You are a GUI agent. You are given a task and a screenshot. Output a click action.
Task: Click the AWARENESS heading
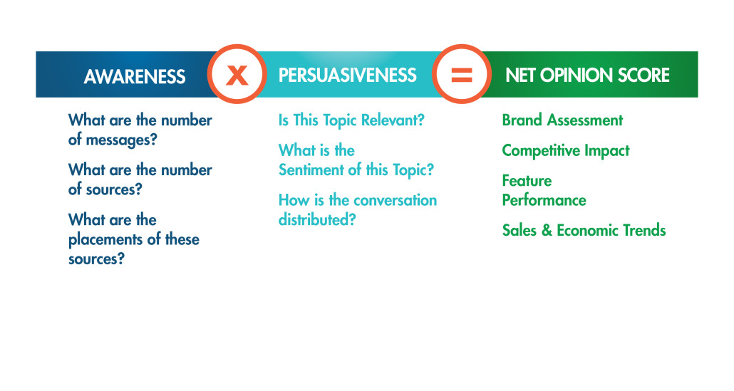tap(135, 77)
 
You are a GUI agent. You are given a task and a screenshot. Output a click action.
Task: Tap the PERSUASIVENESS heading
tap(347, 75)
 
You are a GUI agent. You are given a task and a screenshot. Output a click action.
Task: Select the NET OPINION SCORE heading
tap(587, 75)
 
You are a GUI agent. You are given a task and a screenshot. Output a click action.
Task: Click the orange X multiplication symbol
tap(237, 75)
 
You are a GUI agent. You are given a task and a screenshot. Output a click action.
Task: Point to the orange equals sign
tap(462, 75)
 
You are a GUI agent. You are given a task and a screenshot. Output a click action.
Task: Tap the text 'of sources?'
tap(105, 189)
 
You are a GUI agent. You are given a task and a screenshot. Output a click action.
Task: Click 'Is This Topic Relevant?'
tap(351, 120)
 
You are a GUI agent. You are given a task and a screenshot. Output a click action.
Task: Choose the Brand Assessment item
tap(563, 120)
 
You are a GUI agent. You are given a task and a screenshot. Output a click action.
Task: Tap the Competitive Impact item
tap(566, 150)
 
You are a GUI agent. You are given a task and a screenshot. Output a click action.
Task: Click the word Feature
tap(527, 180)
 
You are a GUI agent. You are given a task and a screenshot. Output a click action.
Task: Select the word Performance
tap(544, 200)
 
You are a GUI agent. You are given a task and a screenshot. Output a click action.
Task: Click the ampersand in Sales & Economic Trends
tap(547, 230)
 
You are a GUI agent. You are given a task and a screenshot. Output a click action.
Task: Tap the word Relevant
tap(393, 120)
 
